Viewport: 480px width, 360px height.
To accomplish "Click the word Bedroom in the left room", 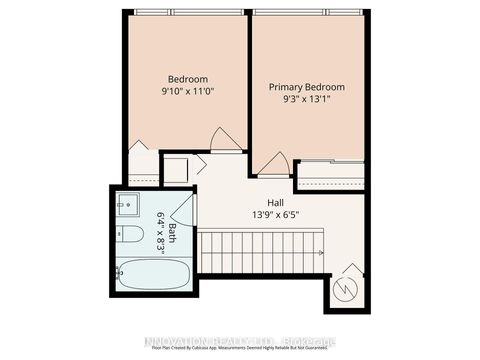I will point(187,79).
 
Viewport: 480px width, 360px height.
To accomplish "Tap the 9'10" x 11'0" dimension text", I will point(187,92).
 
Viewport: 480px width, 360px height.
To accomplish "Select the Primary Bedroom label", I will point(305,87).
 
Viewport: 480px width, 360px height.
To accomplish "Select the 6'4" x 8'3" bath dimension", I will point(159,234).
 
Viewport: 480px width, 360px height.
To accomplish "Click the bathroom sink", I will point(127,206).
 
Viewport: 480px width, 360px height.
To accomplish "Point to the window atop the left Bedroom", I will point(187,12).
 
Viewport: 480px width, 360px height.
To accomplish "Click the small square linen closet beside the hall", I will point(176,169).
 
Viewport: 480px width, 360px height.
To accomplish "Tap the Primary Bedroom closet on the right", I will point(330,176).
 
